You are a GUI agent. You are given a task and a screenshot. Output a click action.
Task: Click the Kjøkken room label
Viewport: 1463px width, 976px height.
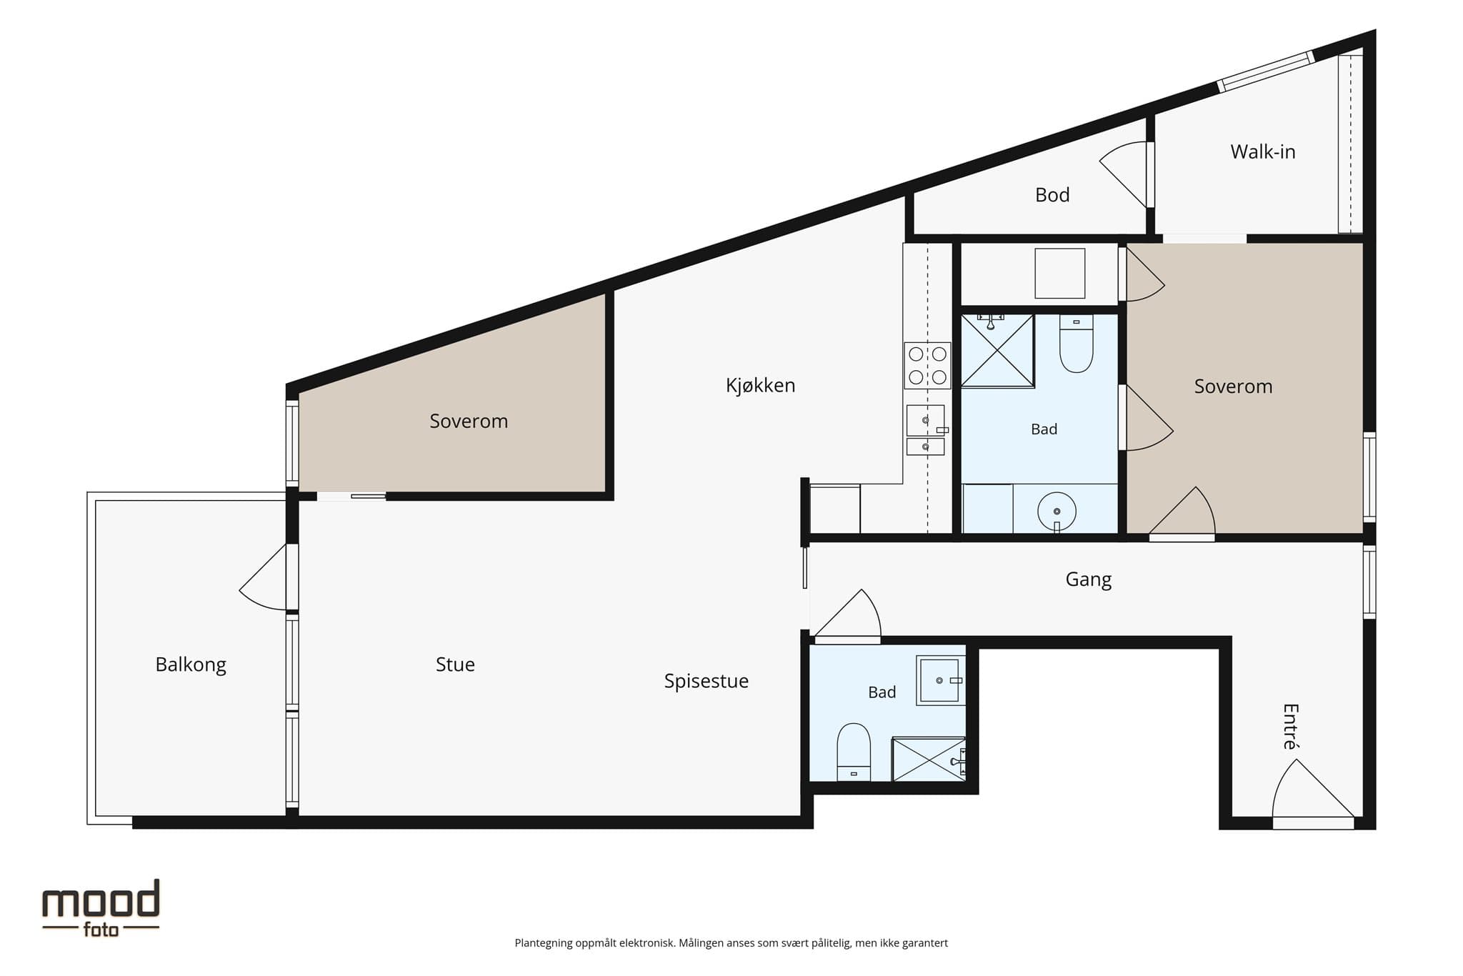(x=760, y=385)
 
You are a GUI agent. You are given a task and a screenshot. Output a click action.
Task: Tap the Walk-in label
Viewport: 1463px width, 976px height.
(x=1262, y=151)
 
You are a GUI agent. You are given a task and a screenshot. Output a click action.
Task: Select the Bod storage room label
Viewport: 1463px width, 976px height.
(x=1052, y=194)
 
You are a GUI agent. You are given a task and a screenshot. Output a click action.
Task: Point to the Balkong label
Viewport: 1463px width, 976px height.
(x=191, y=664)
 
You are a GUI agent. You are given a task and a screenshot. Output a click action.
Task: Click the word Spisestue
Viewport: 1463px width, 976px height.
(x=706, y=681)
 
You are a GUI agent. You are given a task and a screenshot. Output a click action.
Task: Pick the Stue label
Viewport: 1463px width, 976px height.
(x=455, y=664)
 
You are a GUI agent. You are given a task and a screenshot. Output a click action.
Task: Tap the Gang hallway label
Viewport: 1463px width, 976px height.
(x=1088, y=579)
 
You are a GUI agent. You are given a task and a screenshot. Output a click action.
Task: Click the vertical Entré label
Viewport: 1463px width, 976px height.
(x=1289, y=727)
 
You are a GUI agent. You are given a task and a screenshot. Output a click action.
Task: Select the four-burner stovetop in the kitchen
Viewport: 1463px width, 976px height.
(x=927, y=365)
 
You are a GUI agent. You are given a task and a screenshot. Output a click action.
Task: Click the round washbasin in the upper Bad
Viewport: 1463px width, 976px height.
(x=1057, y=512)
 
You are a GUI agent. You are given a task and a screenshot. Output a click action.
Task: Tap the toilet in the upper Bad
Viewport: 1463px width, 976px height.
(x=1076, y=344)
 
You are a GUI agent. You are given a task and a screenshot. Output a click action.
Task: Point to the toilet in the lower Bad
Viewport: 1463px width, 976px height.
(x=854, y=752)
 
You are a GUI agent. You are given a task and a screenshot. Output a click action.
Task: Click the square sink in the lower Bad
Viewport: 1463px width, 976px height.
(x=941, y=680)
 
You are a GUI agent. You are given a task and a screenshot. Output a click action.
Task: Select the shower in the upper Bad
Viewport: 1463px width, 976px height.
(x=997, y=351)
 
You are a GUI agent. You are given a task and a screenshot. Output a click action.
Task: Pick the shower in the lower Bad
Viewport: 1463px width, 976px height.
(x=929, y=759)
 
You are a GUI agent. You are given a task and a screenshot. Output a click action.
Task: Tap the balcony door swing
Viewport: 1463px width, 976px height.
(x=264, y=577)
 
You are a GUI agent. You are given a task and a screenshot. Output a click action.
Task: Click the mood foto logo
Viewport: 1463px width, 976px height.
(x=101, y=907)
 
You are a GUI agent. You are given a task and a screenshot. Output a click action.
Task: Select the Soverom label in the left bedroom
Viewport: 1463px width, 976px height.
(x=469, y=421)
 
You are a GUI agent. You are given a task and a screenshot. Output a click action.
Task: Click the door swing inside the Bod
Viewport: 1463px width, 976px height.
(x=1124, y=174)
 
